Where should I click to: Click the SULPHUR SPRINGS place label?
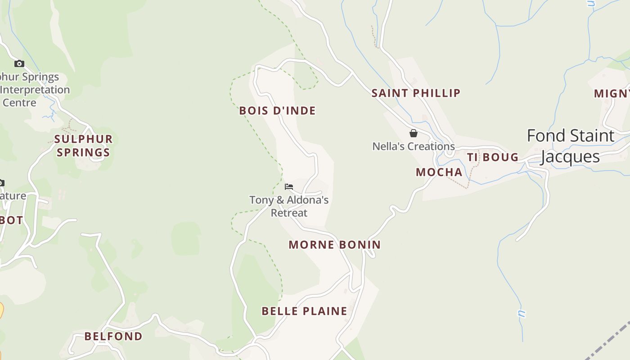(83, 145)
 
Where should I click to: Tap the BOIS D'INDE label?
(277, 111)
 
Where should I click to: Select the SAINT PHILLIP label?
(416, 93)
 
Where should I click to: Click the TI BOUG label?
(492, 157)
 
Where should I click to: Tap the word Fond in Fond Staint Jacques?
(542, 135)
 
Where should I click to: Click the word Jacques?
(570, 157)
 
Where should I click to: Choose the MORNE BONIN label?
(335, 245)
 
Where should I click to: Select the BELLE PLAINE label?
(304, 311)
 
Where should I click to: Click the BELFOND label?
(113, 336)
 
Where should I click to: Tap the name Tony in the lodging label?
(261, 200)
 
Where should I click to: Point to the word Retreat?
(289, 213)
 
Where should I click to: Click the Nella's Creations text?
(414, 146)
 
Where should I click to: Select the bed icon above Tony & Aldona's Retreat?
(289, 186)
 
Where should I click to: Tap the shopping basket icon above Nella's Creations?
(414, 133)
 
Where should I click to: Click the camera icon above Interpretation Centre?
(19, 63)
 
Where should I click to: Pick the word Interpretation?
(35, 90)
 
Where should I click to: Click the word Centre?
(19, 103)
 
